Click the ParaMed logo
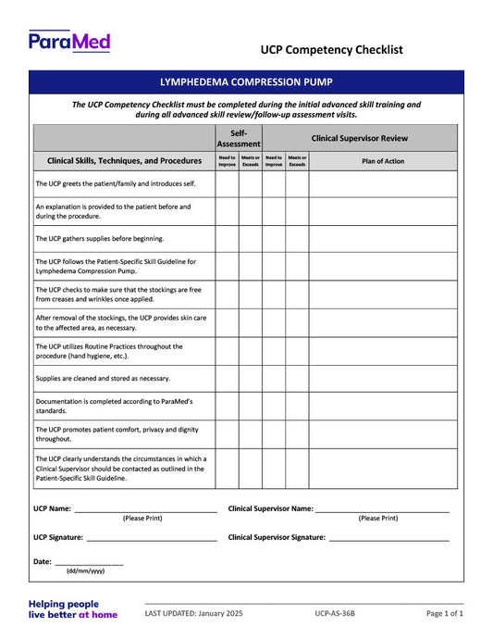tap(69, 41)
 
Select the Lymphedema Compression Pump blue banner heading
tap(246, 81)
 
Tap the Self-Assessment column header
tap(239, 139)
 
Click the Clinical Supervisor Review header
tap(359, 139)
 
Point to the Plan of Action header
tap(382, 161)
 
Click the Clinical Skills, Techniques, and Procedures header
tap(124, 161)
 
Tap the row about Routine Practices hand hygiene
tap(109, 351)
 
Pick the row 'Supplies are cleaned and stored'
tap(103, 378)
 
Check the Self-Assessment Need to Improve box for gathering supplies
tap(227, 238)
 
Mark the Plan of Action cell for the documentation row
tap(382, 406)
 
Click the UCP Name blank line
tap(145, 509)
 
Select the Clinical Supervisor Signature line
tap(388, 538)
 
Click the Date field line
tap(89, 562)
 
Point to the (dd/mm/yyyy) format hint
tap(85, 571)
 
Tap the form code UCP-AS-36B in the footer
tap(334, 613)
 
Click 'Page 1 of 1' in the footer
tap(444, 613)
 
